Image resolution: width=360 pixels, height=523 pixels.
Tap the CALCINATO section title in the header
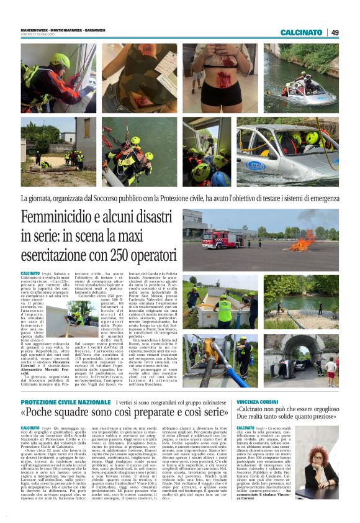(301, 32)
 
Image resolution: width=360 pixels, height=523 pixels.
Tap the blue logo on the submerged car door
(256, 166)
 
